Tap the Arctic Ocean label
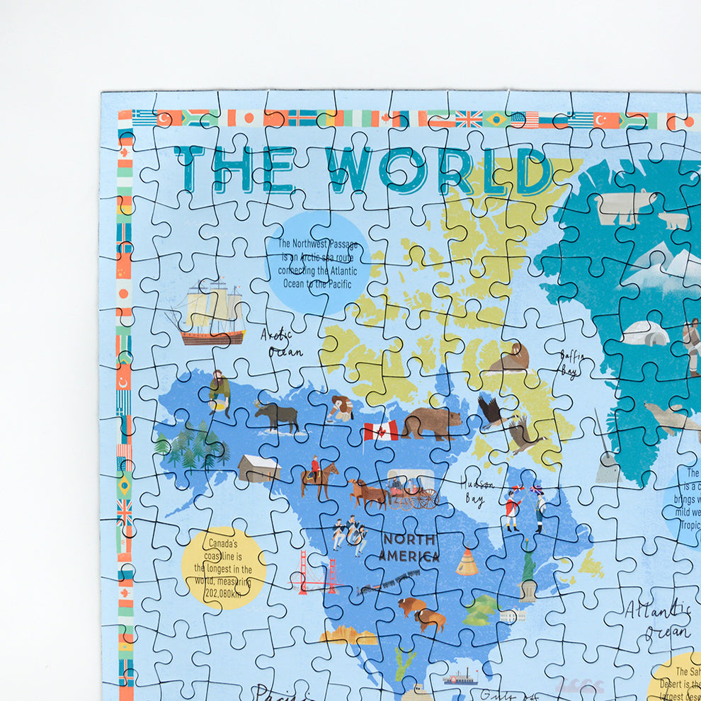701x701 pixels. tap(282, 343)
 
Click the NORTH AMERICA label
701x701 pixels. tap(409, 547)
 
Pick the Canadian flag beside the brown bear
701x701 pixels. tap(381, 431)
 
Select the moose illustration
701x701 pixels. tap(277, 416)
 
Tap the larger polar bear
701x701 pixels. tap(625, 206)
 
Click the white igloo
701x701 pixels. tap(646, 333)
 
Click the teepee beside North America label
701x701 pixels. tap(466, 563)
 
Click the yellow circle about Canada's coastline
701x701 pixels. tap(224, 567)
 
